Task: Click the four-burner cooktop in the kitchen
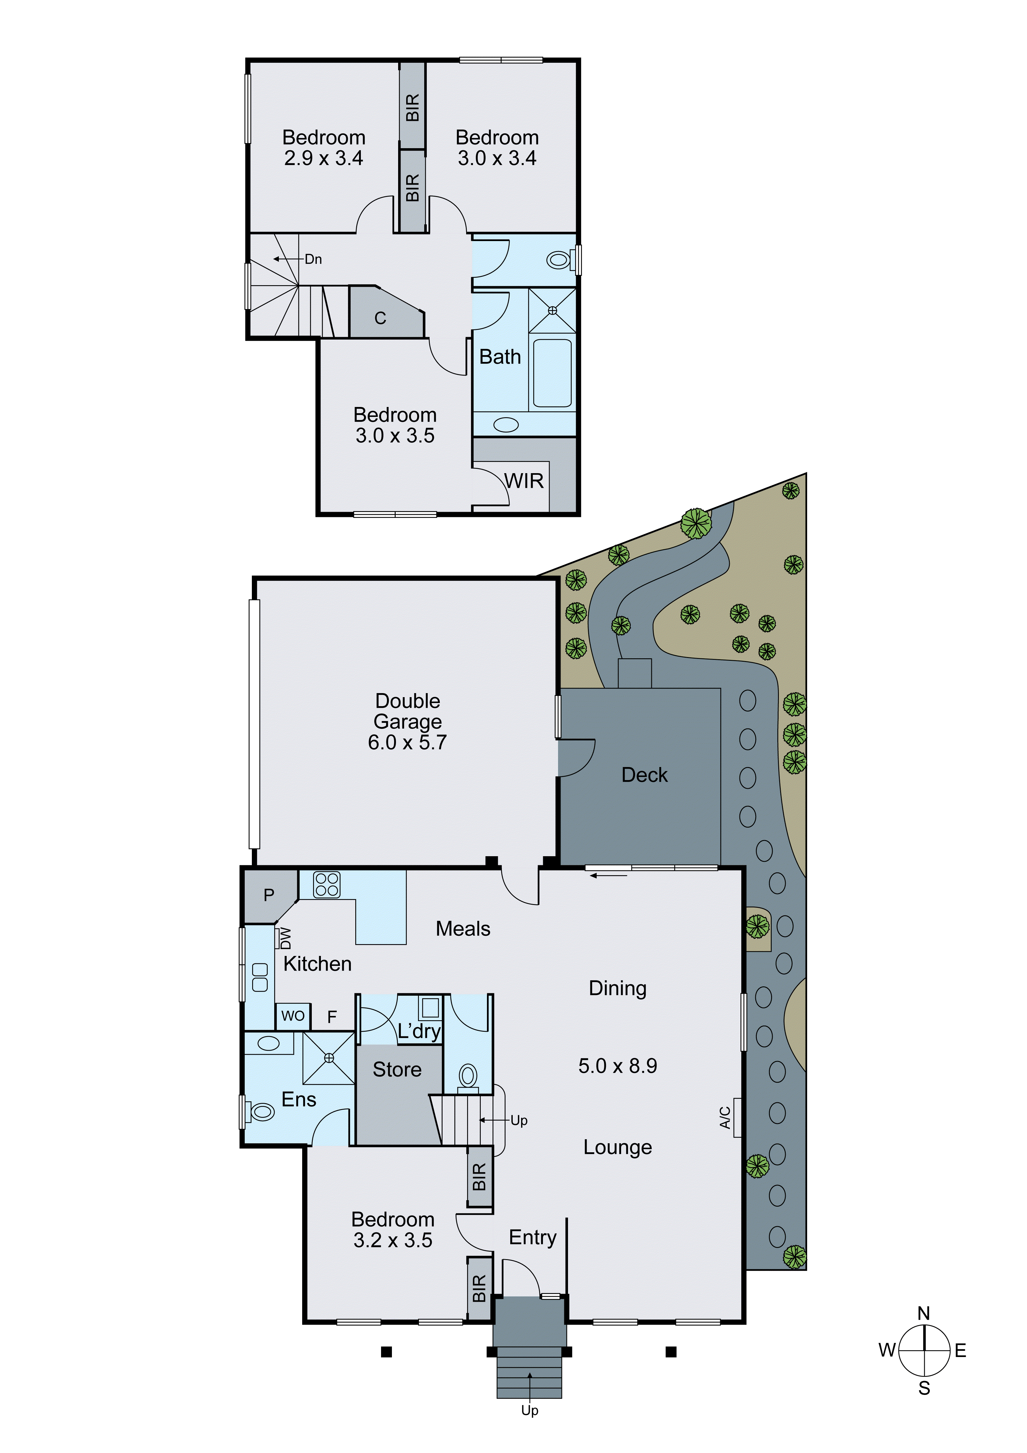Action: click(x=326, y=885)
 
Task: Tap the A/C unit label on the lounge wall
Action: click(x=725, y=1117)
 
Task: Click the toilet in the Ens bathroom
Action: click(x=261, y=1111)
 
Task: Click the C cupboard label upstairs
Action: click(x=380, y=318)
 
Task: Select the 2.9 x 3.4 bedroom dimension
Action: click(x=323, y=158)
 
